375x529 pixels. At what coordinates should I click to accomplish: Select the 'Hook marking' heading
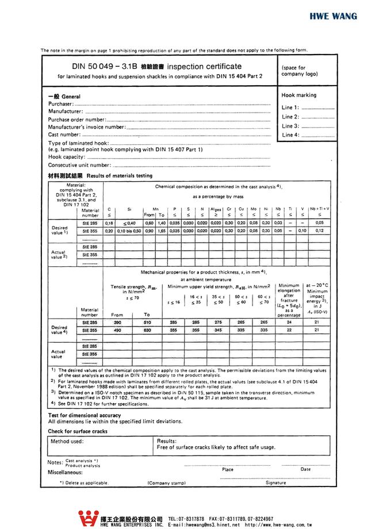click(x=299, y=95)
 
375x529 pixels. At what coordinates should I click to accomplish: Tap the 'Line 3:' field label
click(x=290, y=126)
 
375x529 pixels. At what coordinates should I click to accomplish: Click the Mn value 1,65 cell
click(x=162, y=231)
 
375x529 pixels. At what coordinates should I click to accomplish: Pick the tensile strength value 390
click(x=117, y=323)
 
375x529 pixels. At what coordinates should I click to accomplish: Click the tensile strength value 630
click(x=147, y=331)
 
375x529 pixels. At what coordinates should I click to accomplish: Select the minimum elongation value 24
click(x=289, y=323)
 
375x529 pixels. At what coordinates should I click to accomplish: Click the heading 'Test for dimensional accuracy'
click(x=85, y=415)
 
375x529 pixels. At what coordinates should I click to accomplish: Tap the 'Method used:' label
click(x=67, y=442)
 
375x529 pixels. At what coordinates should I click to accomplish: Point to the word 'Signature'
click(x=275, y=483)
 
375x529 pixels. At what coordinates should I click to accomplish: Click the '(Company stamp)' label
click(x=167, y=483)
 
